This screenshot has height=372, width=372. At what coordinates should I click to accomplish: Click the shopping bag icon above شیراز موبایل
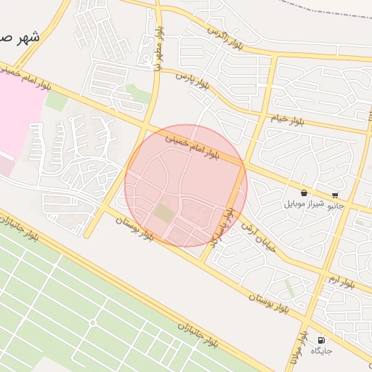click(x=303, y=193)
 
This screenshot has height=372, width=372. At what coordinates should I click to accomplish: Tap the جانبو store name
click(x=335, y=206)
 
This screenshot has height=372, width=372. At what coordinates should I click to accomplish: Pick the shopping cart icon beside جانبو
click(x=335, y=195)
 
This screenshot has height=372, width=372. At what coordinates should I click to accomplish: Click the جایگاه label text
click(x=321, y=351)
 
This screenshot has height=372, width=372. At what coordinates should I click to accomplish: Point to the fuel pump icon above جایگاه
click(x=321, y=339)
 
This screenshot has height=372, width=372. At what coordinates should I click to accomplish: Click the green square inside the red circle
click(x=164, y=214)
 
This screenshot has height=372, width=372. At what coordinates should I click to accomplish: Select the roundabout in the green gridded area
click(x=92, y=322)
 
